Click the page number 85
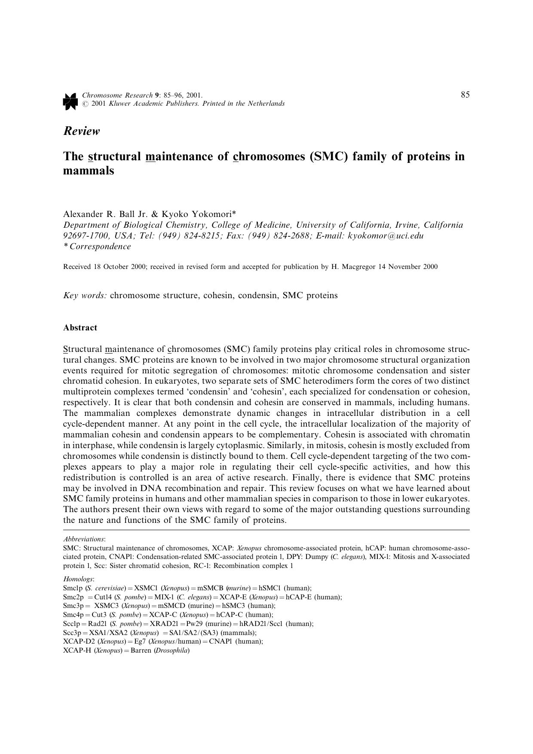click(465, 95)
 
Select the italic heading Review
click(82, 131)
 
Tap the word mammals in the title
click(89, 171)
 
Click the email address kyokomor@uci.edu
click(386, 235)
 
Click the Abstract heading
click(80, 327)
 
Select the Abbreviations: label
click(84, 539)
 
